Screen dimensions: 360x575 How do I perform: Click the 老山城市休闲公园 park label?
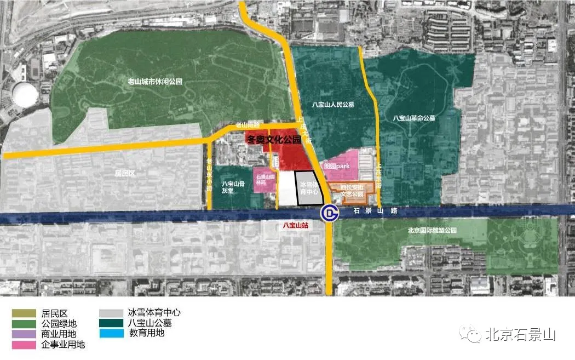click(154, 82)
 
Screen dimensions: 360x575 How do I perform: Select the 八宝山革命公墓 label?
click(413, 117)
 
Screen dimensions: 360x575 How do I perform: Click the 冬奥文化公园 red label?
click(273, 140)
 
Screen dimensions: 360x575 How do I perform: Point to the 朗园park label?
click(336, 165)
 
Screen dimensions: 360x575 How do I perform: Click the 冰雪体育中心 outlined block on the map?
click(310, 189)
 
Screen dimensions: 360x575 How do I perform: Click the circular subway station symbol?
click(329, 213)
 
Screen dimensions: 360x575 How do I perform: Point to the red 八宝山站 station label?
click(290, 225)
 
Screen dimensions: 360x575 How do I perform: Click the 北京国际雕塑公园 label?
click(432, 231)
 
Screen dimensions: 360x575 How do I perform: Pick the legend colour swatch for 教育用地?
click(111, 333)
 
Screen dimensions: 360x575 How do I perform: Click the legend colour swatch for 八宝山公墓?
click(111, 323)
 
